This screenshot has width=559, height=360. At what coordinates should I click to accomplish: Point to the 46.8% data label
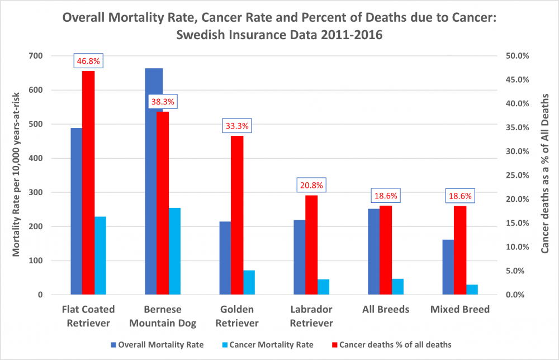point(88,61)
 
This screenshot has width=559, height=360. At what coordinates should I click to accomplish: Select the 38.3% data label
point(162,102)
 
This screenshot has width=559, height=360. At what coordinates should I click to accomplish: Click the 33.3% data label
point(237,126)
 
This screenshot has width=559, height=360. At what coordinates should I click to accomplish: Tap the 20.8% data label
point(311,185)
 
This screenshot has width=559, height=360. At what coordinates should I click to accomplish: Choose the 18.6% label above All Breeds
point(386,196)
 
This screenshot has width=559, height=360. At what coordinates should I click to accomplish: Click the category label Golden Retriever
point(237,316)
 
